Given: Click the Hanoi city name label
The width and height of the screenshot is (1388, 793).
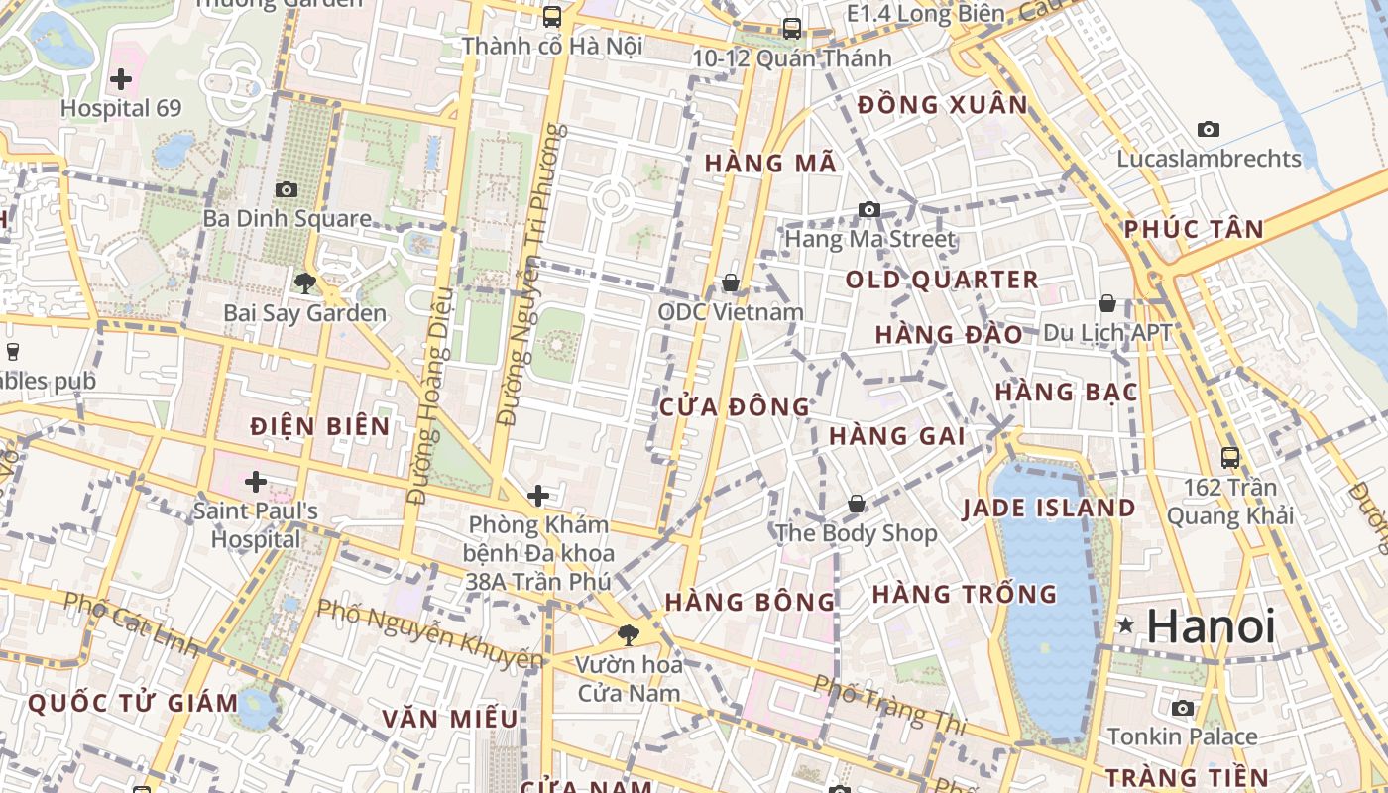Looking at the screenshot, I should click(1211, 626).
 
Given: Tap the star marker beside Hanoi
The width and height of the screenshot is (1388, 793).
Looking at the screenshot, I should click(1125, 625).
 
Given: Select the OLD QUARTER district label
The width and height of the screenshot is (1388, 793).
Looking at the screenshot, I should click(941, 280).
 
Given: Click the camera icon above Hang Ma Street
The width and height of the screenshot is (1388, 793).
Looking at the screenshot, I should click(869, 209).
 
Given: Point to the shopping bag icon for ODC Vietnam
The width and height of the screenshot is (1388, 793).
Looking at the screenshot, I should click(731, 283).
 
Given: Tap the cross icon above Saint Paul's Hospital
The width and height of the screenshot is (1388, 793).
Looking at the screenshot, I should click(256, 482).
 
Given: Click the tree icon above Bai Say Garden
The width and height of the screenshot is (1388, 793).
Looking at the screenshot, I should click(304, 283).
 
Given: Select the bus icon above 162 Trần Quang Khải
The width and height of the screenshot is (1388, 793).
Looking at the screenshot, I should click(1230, 457).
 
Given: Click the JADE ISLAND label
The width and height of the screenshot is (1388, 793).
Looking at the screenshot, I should click(1049, 509).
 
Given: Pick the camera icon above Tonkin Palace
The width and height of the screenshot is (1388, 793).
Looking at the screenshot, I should click(1182, 708).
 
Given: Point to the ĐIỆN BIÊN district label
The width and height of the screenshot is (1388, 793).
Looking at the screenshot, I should click(319, 427).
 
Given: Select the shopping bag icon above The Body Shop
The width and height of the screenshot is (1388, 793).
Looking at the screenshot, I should click(856, 504).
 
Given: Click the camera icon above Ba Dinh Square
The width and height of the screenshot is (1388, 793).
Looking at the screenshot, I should click(287, 189).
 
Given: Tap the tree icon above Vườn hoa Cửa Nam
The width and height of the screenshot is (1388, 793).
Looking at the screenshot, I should click(628, 634).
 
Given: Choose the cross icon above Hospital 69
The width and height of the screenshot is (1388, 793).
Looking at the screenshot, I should click(121, 78).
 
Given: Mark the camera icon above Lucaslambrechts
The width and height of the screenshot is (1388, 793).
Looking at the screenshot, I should click(1208, 129).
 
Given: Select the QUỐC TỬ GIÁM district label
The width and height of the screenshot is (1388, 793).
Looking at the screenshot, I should click(133, 704).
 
